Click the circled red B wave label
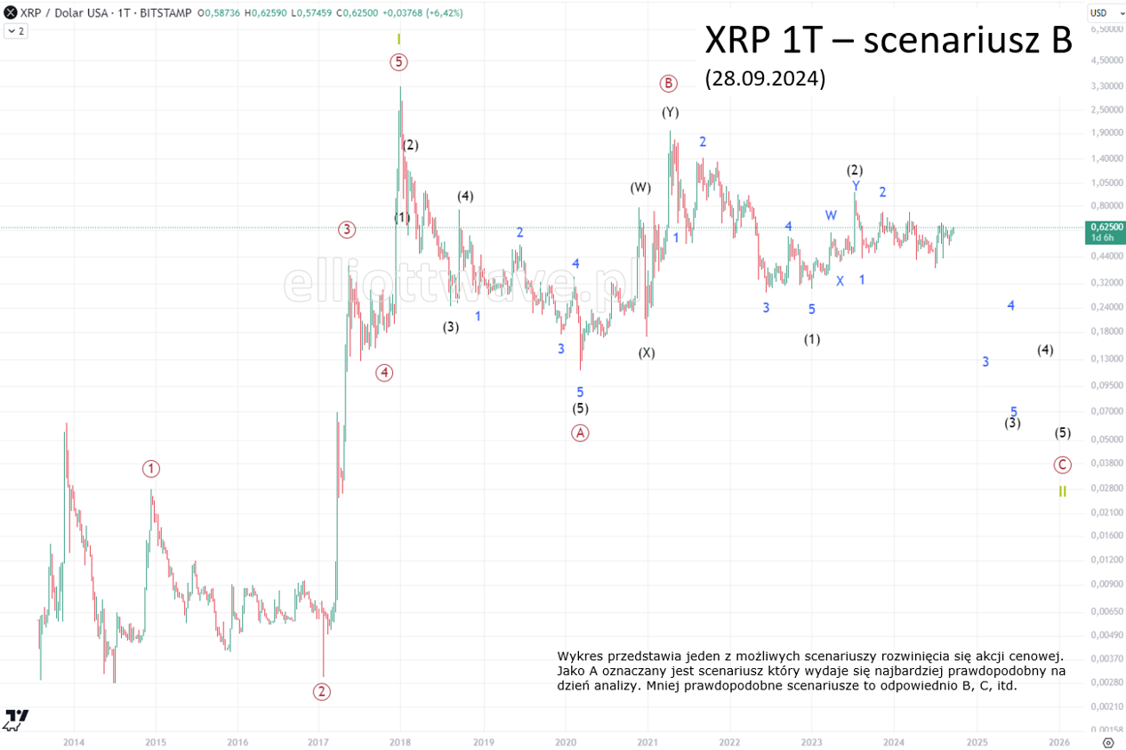[668, 84]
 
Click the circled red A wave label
[580, 432]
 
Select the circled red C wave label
[1062, 464]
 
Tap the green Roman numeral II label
[1062, 491]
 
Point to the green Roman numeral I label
[399, 40]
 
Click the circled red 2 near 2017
[322, 691]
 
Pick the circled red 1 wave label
[151, 469]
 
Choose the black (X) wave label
[647, 352]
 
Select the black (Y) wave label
[670, 112]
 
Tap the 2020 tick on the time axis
[566, 741]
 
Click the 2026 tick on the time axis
[1058, 741]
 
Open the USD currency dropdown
[1102, 12]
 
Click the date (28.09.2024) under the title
[765, 78]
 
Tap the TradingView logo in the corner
[16, 719]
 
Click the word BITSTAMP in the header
[169, 12]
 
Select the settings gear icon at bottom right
[1107, 741]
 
